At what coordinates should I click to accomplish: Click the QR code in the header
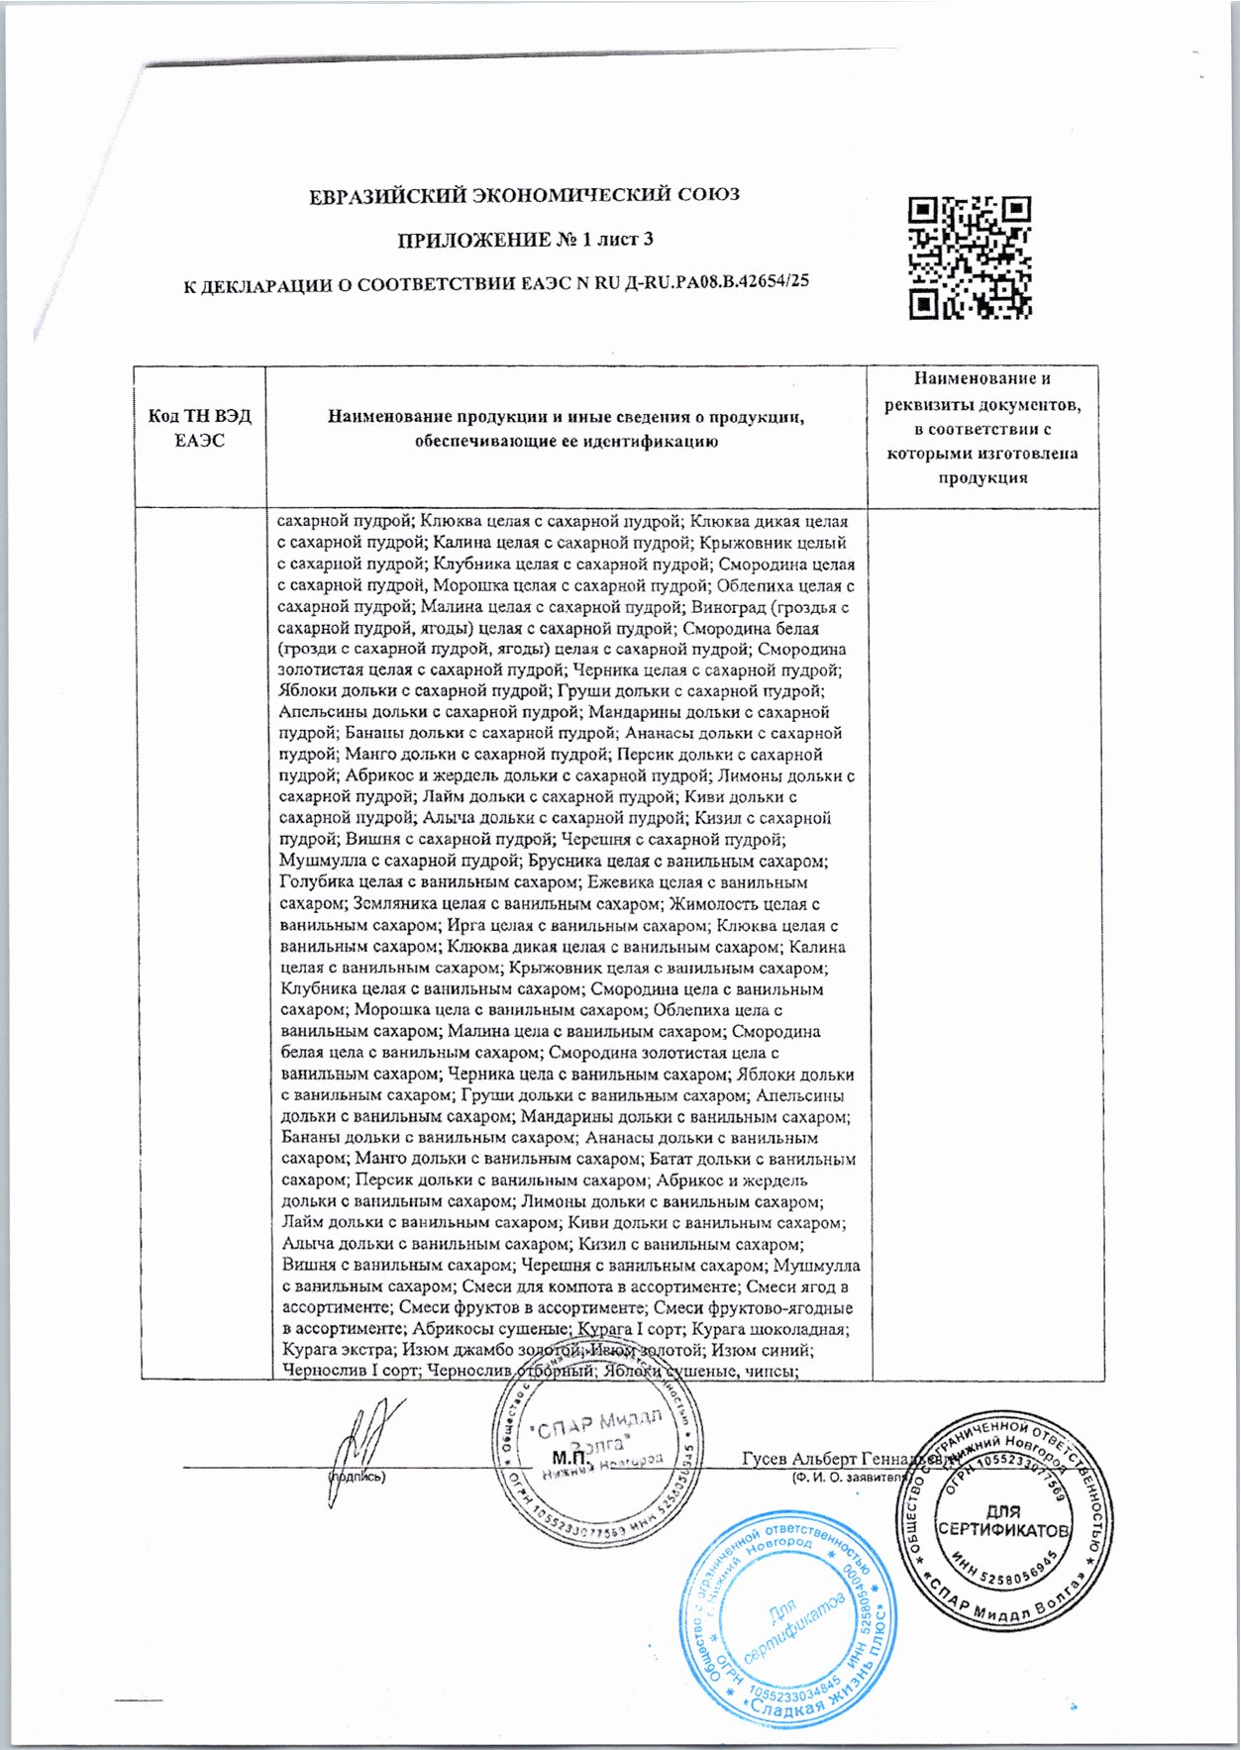pyautogui.click(x=970, y=257)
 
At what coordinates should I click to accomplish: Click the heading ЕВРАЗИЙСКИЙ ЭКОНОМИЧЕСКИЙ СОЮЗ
pyautogui.click(x=524, y=195)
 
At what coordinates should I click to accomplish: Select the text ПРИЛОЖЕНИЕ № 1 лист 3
pyautogui.click(x=525, y=240)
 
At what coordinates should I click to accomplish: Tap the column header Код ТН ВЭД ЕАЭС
pyautogui.click(x=200, y=428)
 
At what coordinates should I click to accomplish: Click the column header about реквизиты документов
pyautogui.click(x=982, y=428)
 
